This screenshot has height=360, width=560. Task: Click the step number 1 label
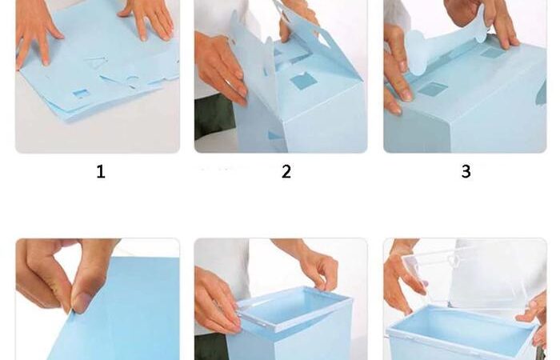coord(101,172)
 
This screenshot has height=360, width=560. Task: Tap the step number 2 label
coord(286,172)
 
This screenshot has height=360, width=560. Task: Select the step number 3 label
coord(466,171)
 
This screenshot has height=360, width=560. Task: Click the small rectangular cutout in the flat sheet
coord(81,94)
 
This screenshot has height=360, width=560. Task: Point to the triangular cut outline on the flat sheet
coord(97,63)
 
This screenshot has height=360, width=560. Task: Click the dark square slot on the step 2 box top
coord(303,81)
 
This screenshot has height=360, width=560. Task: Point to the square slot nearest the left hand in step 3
coord(433,89)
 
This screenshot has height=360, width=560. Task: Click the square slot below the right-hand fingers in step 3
coord(493,53)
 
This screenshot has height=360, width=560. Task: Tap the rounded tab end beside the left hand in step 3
coord(415,52)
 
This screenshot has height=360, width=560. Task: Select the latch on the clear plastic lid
coord(454,261)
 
